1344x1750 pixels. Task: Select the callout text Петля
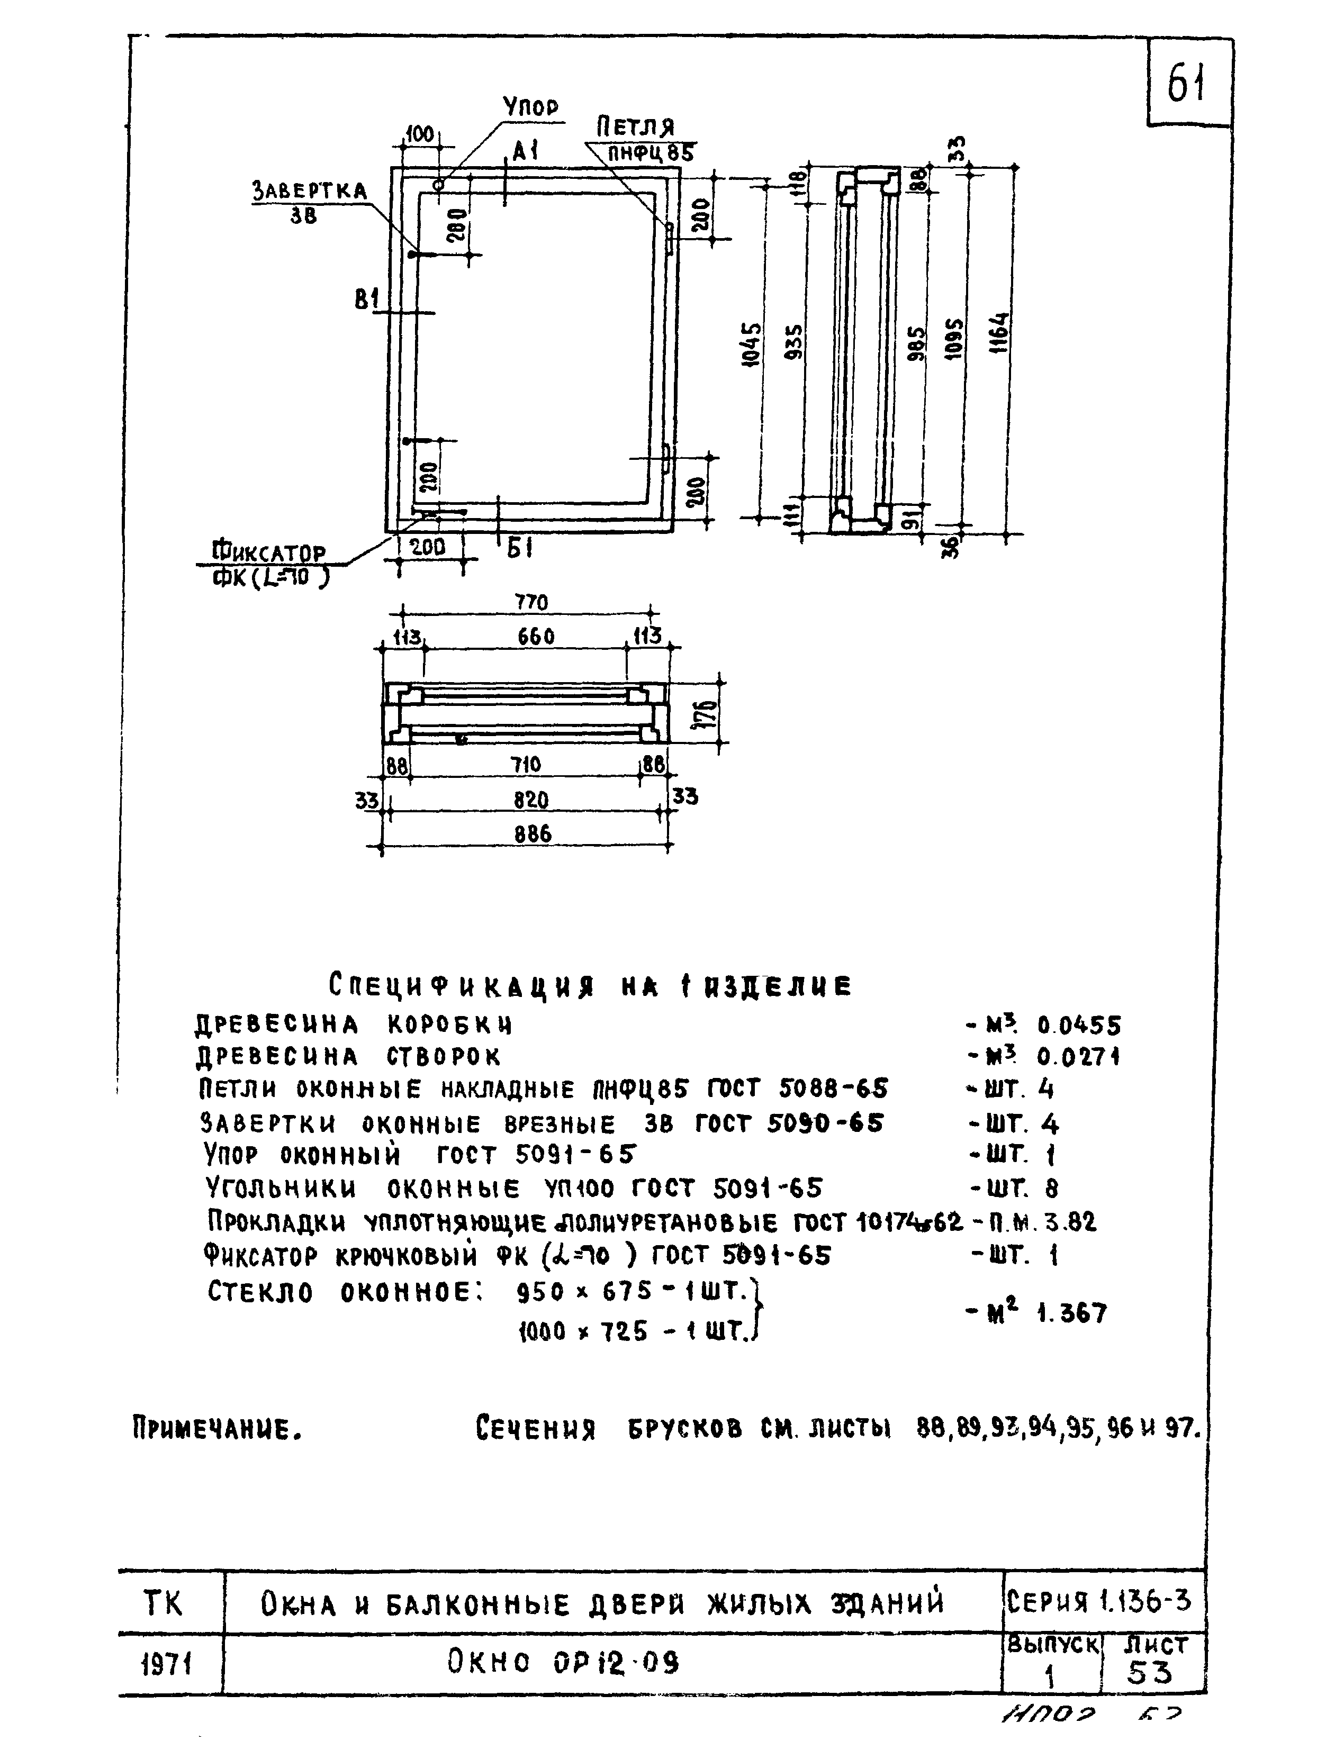(x=635, y=126)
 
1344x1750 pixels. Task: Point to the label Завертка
(x=309, y=191)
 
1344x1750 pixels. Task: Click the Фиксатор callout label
(x=269, y=554)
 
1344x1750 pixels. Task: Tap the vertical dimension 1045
(x=751, y=344)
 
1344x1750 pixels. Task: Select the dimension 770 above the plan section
(x=531, y=602)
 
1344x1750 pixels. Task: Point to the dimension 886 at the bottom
(x=533, y=834)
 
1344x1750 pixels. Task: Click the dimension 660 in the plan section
(x=535, y=637)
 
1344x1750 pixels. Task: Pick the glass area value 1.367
(x=1072, y=1313)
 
